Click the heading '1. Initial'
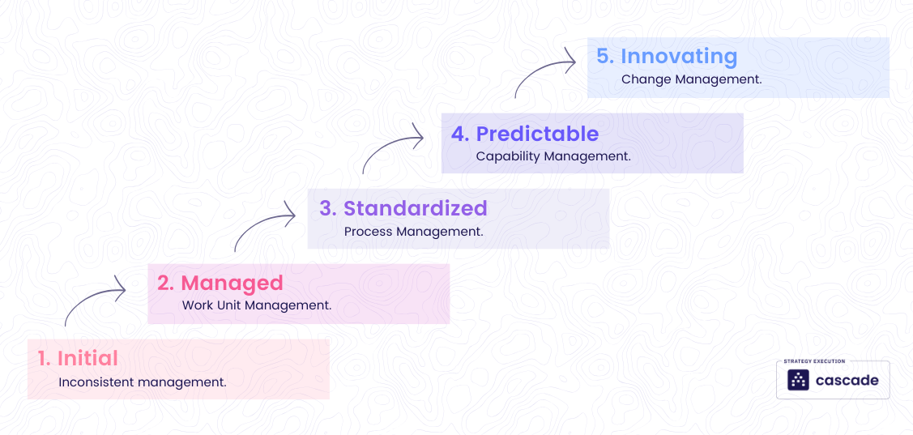(x=78, y=358)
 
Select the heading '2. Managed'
(x=220, y=283)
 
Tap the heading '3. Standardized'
(x=403, y=208)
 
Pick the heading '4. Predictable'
(x=525, y=134)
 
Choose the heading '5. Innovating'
(x=667, y=57)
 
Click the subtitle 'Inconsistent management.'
(x=143, y=382)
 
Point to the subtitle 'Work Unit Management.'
(x=257, y=306)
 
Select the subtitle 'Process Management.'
(x=413, y=232)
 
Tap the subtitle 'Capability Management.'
(x=553, y=156)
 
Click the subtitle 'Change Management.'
(x=692, y=80)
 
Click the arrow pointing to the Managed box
(x=94, y=301)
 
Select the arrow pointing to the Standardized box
(x=264, y=227)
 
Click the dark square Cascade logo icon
(x=799, y=380)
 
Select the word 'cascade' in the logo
(x=847, y=381)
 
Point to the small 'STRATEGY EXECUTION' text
(x=814, y=361)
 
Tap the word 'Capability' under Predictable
(x=507, y=156)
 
